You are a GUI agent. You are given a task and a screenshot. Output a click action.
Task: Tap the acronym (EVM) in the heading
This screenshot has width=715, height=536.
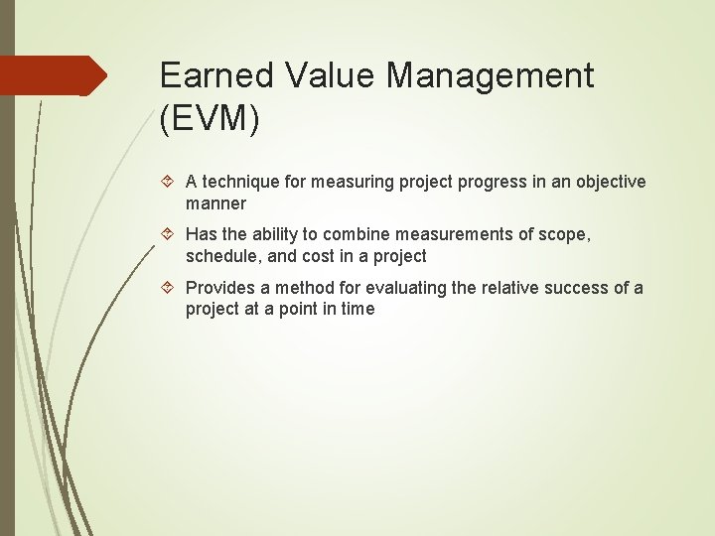tap(210, 119)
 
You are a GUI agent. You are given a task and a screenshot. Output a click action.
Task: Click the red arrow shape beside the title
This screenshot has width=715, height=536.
tap(54, 75)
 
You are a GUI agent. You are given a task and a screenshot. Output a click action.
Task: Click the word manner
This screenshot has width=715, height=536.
tap(215, 203)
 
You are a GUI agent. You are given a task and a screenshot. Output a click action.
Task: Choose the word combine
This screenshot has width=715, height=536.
tap(355, 235)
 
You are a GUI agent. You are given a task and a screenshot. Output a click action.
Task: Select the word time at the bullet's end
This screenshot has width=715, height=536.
tap(357, 309)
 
